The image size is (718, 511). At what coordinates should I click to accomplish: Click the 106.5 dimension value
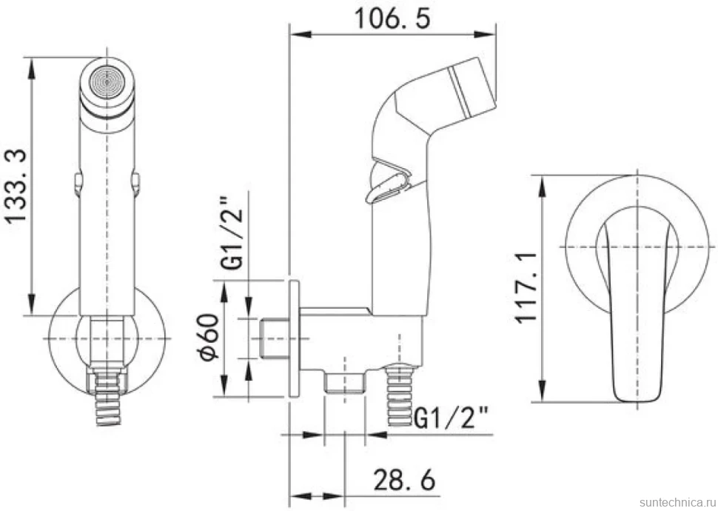[x=392, y=19]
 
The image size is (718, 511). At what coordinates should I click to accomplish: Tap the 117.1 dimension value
[x=526, y=287]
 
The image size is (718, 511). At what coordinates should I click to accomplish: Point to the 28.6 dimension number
[x=404, y=479]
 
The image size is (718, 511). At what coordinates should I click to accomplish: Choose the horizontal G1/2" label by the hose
[x=451, y=418]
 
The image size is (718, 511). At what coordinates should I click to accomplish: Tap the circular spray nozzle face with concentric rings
[x=107, y=82]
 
